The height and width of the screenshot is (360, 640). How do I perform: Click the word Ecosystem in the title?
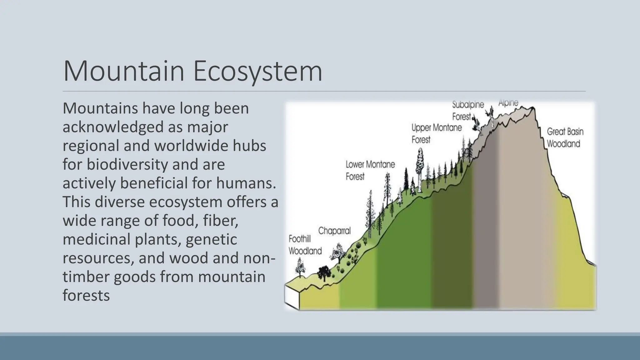pyautogui.click(x=258, y=72)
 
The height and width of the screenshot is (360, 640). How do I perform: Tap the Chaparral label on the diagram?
pyautogui.click(x=334, y=231)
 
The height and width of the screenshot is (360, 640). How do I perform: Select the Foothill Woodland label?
pyautogui.click(x=305, y=245)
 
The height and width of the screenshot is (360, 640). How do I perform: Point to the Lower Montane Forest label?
pyautogui.click(x=370, y=170)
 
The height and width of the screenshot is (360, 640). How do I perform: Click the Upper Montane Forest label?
pyautogui.click(x=436, y=133)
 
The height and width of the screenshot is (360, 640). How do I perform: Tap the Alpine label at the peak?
pyautogui.click(x=508, y=103)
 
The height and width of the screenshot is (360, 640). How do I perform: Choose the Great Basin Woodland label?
pyautogui.click(x=565, y=138)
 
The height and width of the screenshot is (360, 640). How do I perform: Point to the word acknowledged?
pyautogui.click(x=113, y=127)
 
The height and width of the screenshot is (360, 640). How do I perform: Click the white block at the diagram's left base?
pyautogui.click(x=292, y=296)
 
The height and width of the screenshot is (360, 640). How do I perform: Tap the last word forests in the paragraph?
pyautogui.click(x=86, y=295)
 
